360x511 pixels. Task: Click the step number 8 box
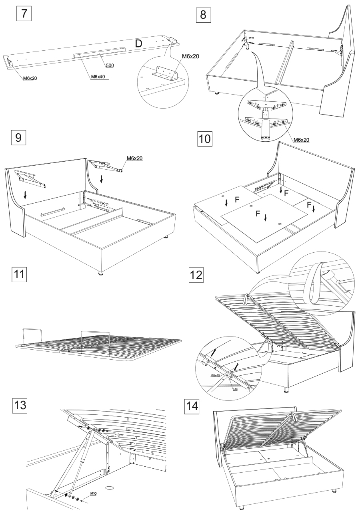tap(203, 16)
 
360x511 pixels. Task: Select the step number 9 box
tap(18, 138)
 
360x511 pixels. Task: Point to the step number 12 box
tap(197, 275)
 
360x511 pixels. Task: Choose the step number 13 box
tap(18, 406)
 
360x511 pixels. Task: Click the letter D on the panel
tap(138, 44)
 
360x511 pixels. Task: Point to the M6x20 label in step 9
tap(134, 158)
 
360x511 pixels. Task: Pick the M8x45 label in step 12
tap(215, 376)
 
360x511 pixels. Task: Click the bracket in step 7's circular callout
tap(165, 73)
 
